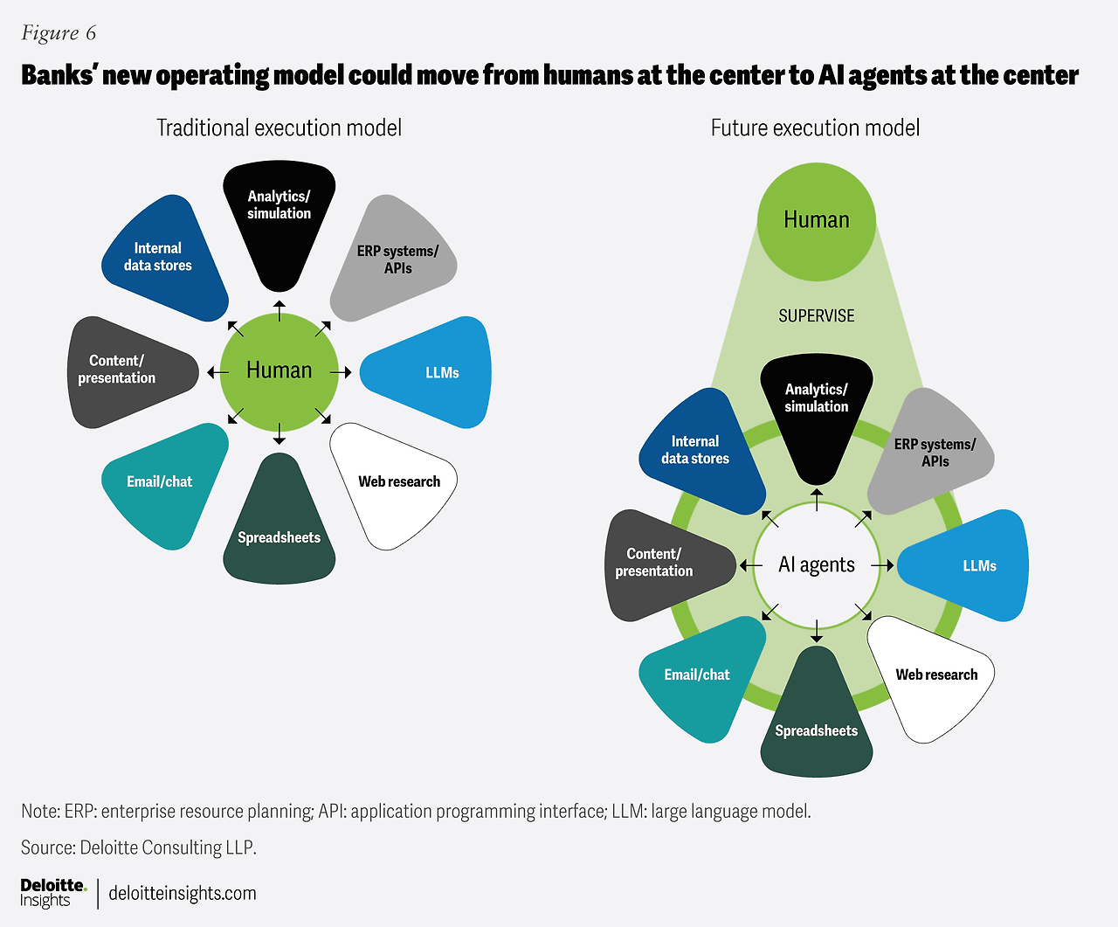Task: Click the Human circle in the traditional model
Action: click(279, 372)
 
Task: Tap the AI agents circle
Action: click(817, 565)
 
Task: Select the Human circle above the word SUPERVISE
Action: click(817, 222)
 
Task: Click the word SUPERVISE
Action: click(817, 316)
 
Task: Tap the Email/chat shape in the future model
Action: click(699, 676)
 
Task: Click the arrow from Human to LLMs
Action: click(341, 372)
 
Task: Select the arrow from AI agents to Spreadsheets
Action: click(817, 632)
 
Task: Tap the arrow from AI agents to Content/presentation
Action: click(750, 565)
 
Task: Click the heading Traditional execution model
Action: click(279, 128)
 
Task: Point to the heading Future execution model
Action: click(815, 128)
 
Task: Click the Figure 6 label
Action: click(59, 33)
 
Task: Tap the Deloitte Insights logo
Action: click(53, 893)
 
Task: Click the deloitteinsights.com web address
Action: click(183, 893)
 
